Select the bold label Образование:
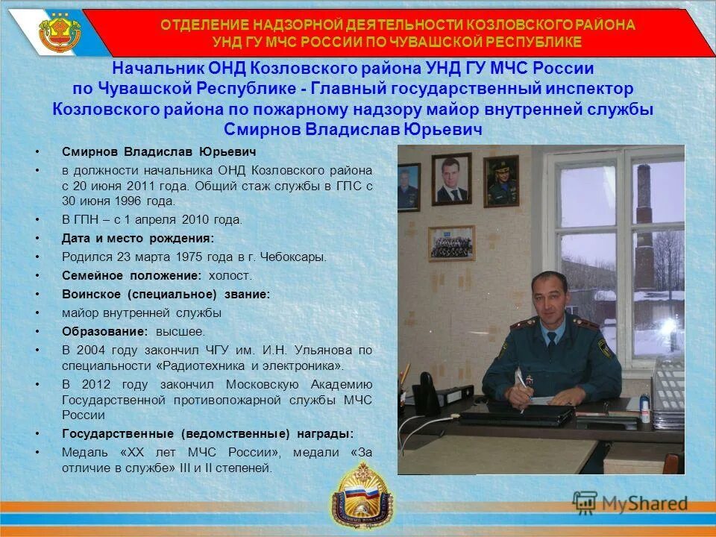pos(104,331)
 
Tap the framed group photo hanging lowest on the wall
pos(451,243)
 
